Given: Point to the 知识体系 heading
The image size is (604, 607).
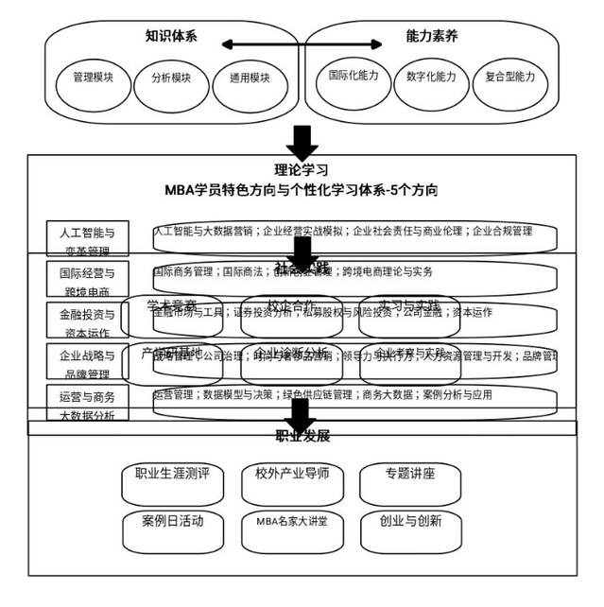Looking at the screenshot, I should tap(171, 37).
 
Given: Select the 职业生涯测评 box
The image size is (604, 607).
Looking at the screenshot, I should tap(172, 477).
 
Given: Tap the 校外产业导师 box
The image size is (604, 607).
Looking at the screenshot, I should tap(292, 476).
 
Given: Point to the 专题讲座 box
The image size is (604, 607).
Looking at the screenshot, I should tap(409, 476).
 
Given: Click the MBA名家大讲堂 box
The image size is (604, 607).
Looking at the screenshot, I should tap(292, 522).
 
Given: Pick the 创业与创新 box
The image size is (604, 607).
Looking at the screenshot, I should tap(409, 522).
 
